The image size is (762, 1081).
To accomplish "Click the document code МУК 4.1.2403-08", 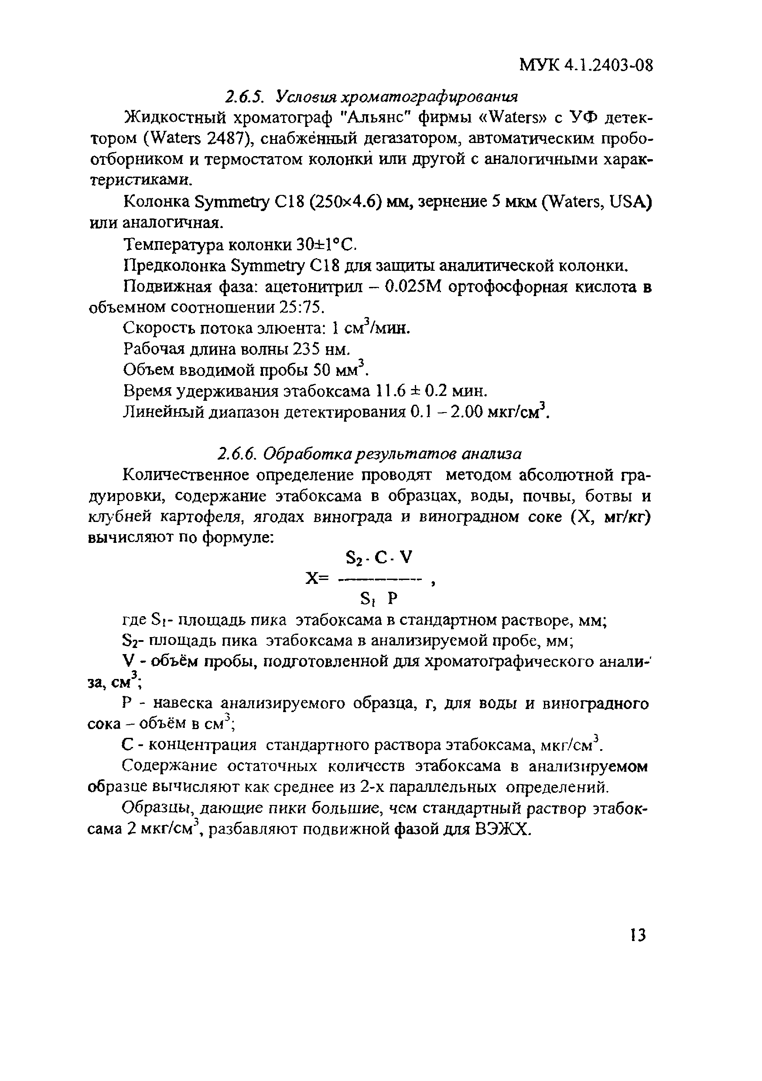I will [586, 65].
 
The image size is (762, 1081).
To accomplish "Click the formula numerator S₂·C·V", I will [379, 558].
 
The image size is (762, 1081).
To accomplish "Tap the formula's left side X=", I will [315, 578].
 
